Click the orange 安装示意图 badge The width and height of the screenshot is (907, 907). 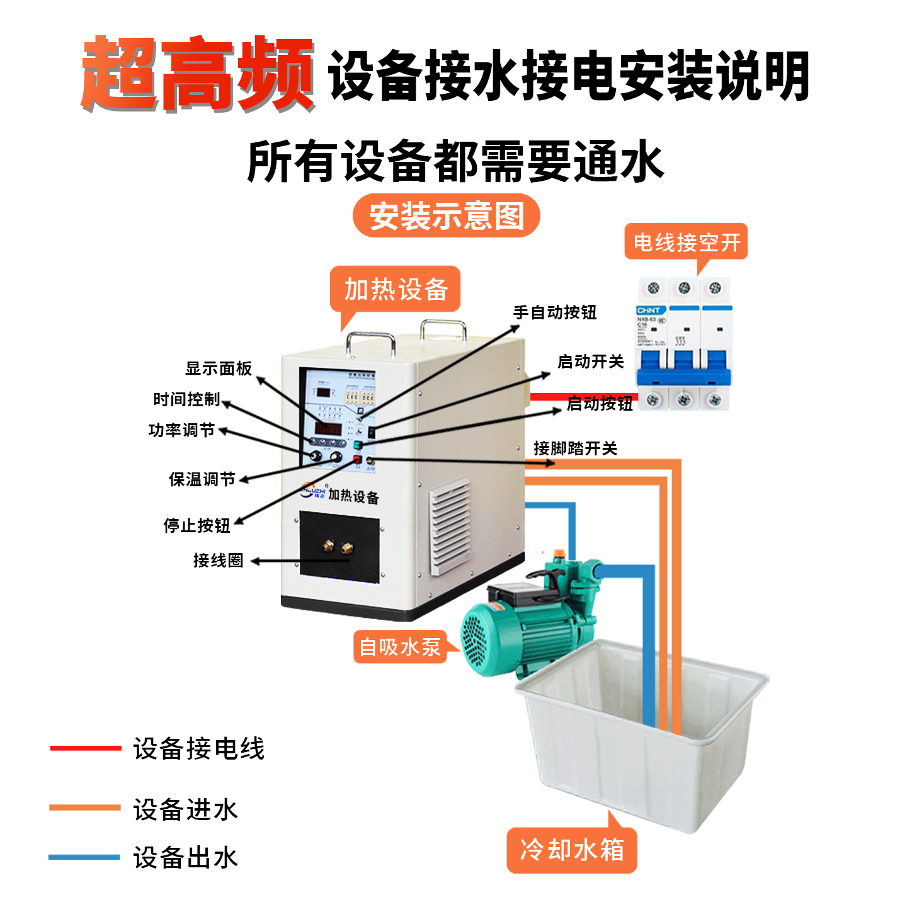pyautogui.click(x=446, y=216)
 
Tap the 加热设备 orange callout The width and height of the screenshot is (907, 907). pyautogui.click(x=396, y=290)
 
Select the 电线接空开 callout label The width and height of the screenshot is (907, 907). pyautogui.click(x=686, y=242)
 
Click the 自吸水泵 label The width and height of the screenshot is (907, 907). pyautogui.click(x=399, y=647)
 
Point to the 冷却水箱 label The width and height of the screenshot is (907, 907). pyautogui.click(x=571, y=850)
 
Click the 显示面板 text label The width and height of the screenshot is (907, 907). pyautogui.click(x=218, y=368)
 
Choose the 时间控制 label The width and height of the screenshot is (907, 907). pyautogui.click(x=186, y=399)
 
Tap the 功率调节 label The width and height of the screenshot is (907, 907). pyautogui.click(x=181, y=430)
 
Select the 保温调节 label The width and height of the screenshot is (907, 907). pyautogui.click(x=202, y=479)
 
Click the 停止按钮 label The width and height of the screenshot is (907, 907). pyautogui.click(x=197, y=525)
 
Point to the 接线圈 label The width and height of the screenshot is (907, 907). pyautogui.click(x=218, y=560)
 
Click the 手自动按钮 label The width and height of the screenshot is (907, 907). pyautogui.click(x=554, y=312)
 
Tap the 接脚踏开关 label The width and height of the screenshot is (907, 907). pyautogui.click(x=575, y=448)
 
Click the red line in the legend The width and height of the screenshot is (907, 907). pyautogui.click(x=85, y=748)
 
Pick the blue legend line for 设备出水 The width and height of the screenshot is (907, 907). pyautogui.click(x=84, y=857)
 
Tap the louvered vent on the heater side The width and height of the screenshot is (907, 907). pyautogui.click(x=450, y=527)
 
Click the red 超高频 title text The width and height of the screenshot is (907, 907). pyautogui.click(x=197, y=74)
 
